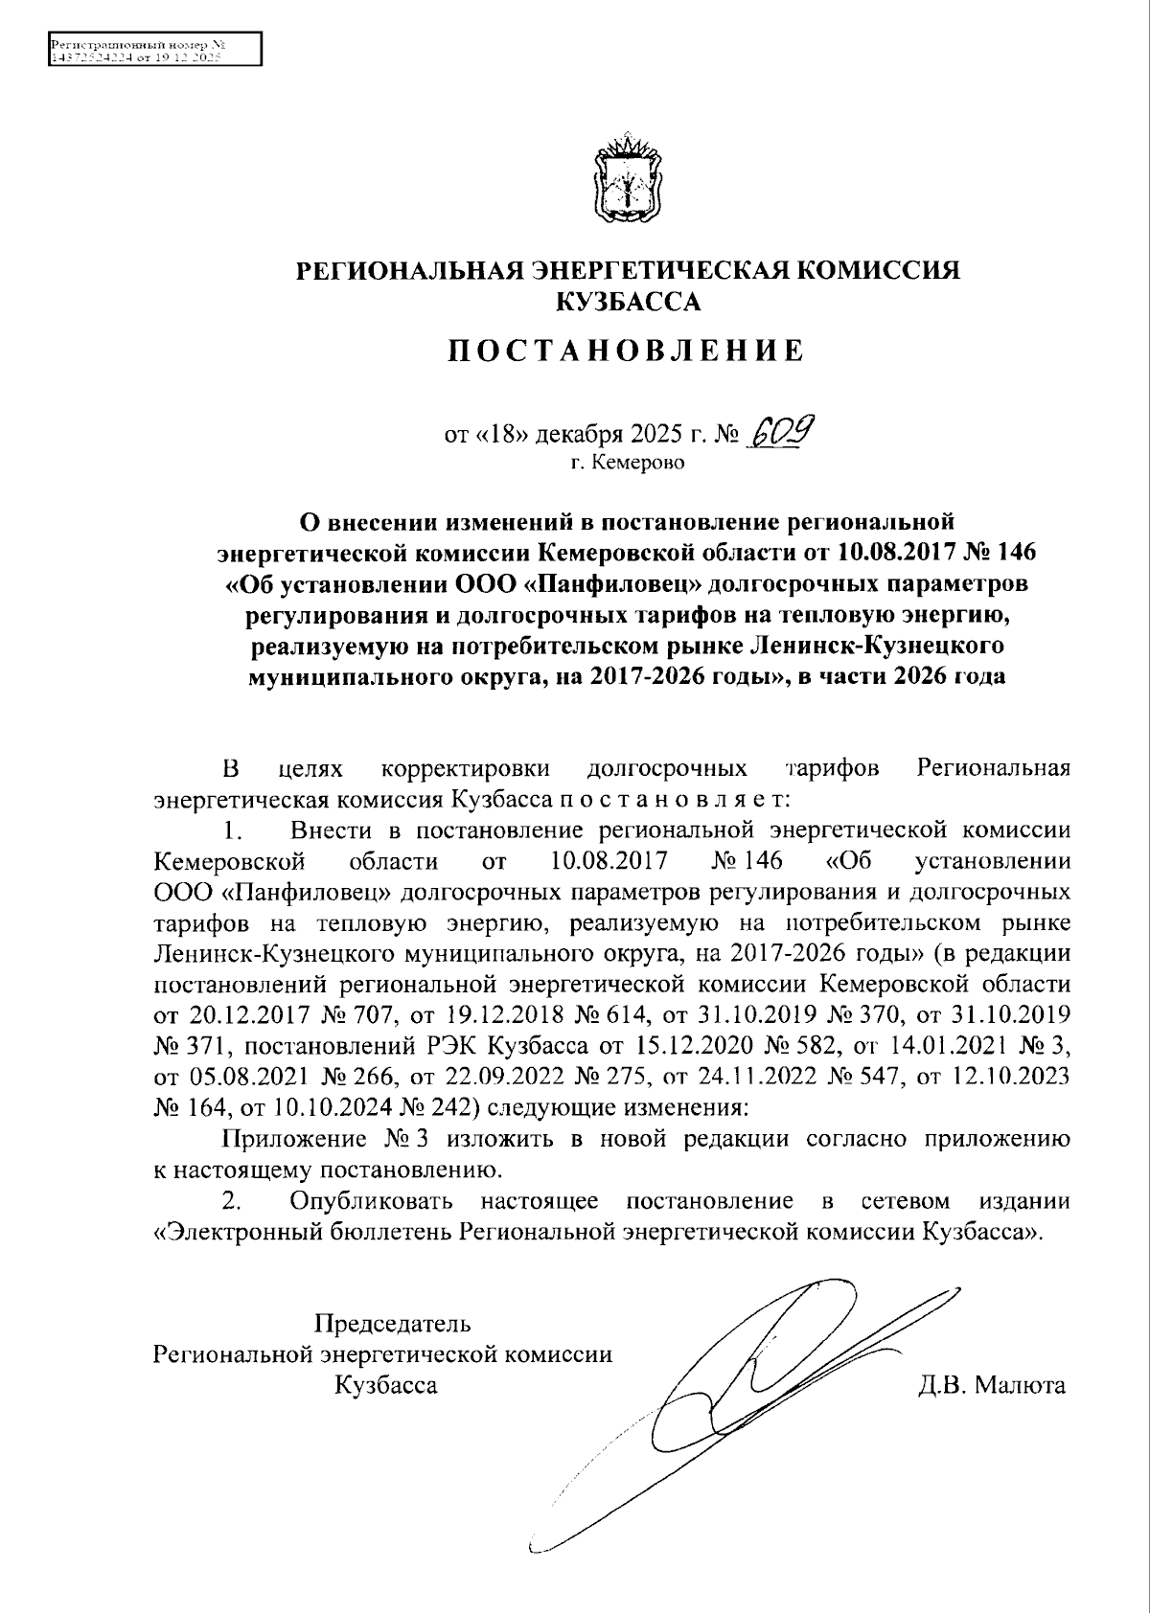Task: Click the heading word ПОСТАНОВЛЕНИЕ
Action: tap(628, 352)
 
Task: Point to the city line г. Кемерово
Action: tap(628, 464)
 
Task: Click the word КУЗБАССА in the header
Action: tap(628, 303)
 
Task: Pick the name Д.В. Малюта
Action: tap(991, 1384)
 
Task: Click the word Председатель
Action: tap(393, 1325)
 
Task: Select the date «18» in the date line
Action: tap(499, 436)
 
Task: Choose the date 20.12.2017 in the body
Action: tap(223, 1014)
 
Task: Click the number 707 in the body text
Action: tap(356, 1014)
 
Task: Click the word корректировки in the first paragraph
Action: tap(466, 768)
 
